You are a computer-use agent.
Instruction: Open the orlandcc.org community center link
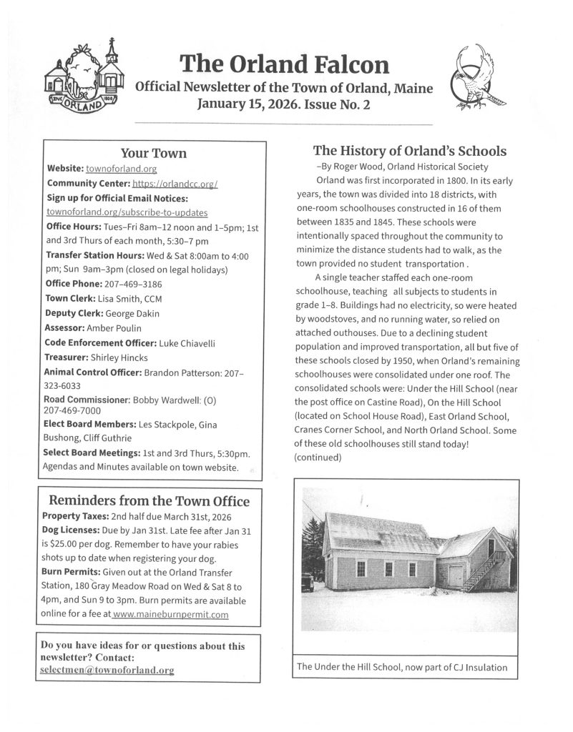(175, 184)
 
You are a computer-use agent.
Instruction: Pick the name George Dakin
(137, 313)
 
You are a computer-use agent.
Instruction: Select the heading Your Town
(153, 153)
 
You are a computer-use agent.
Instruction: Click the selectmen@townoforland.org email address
(107, 670)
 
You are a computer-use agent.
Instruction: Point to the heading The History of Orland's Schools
(409, 151)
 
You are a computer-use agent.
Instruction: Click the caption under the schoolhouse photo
(401, 667)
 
